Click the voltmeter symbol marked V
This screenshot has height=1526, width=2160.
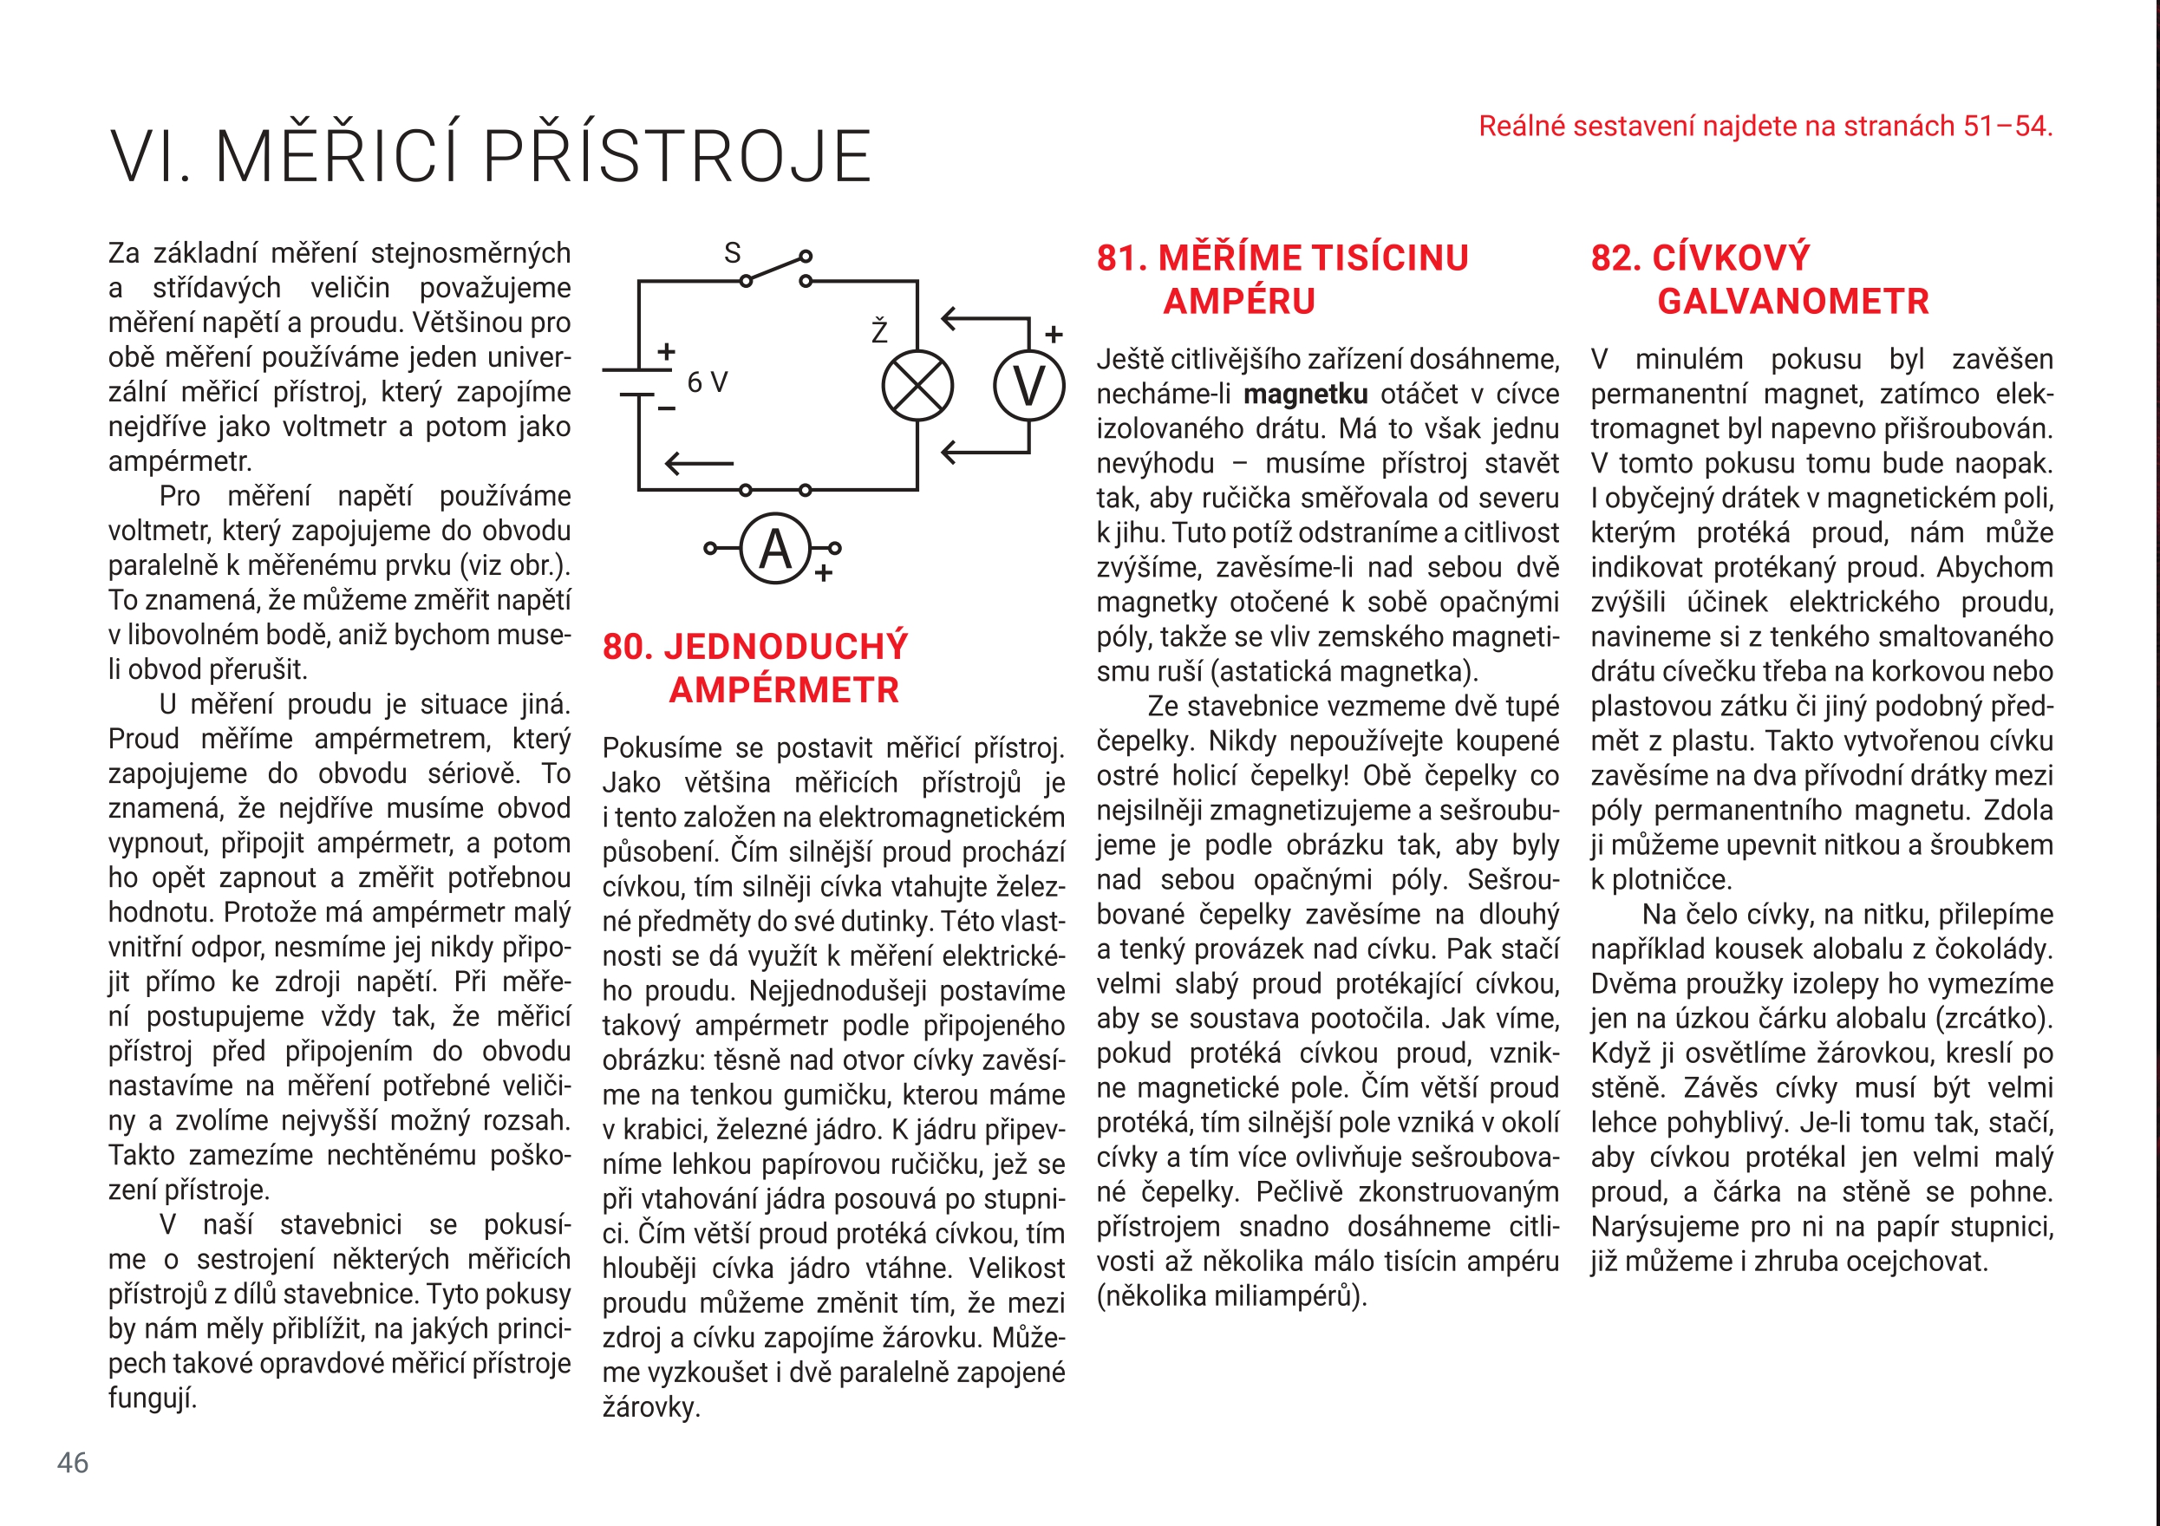(x=1029, y=387)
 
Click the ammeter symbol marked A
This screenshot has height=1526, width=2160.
(x=775, y=549)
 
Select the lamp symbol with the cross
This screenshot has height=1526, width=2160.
(x=917, y=387)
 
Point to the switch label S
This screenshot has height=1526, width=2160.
(x=732, y=253)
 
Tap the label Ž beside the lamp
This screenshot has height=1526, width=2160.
(x=879, y=330)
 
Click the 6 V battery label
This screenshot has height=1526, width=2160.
(x=708, y=383)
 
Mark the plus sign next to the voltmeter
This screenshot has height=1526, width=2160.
(x=1054, y=334)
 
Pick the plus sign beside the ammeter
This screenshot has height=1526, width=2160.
(x=824, y=573)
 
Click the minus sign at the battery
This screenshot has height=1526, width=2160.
(x=666, y=408)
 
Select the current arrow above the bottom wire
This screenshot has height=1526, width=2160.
(x=699, y=463)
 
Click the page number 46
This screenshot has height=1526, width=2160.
(x=73, y=1462)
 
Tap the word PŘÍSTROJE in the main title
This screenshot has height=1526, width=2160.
(x=677, y=156)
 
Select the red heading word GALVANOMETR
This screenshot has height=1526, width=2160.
(x=1793, y=302)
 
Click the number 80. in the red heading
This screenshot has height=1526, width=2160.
(x=629, y=648)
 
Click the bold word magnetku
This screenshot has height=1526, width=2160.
(x=1306, y=395)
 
